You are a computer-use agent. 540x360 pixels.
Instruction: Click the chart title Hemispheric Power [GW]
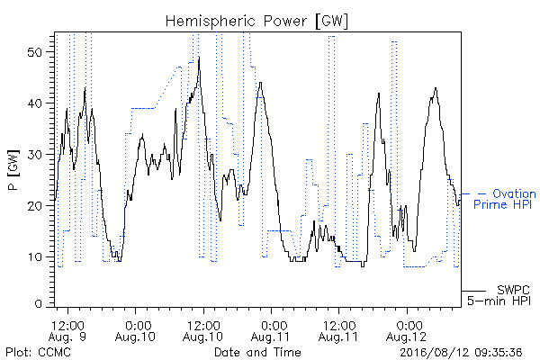(256, 22)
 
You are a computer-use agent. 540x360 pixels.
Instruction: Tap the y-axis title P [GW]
(13, 170)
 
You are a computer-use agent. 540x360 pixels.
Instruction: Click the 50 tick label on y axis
(34, 52)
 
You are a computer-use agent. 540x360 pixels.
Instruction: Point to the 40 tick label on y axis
(34, 103)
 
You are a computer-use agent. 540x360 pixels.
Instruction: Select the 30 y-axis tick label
(34, 155)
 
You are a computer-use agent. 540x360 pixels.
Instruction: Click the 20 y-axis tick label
(34, 206)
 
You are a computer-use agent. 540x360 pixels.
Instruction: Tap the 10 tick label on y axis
(34, 257)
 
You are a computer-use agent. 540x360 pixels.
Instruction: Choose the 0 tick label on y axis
(39, 304)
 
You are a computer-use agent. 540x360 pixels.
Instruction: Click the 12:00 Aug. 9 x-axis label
(67, 331)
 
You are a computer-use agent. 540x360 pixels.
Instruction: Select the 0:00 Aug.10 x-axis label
(135, 331)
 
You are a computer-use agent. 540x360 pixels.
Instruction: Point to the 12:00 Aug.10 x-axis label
(203, 331)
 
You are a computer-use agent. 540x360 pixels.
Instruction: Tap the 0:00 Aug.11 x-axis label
(271, 331)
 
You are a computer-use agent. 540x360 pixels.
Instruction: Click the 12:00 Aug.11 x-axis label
(338, 331)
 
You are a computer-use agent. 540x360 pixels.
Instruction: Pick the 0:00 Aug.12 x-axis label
(407, 331)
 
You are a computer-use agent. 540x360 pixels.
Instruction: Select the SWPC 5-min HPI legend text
(499, 295)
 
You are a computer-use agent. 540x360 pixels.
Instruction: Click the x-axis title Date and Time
(257, 352)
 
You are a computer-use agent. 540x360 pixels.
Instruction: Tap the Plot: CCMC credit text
(38, 352)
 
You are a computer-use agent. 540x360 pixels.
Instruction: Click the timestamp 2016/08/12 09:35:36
(461, 352)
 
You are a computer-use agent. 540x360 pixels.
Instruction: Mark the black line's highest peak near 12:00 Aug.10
(199, 57)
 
